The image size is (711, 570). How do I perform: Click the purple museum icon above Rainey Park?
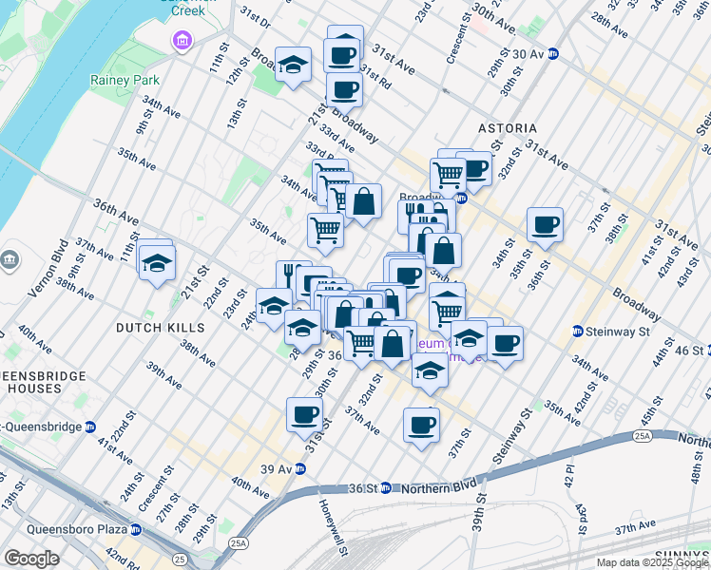(181, 41)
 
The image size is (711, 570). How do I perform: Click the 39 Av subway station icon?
(300, 468)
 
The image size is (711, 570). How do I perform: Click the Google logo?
(32, 559)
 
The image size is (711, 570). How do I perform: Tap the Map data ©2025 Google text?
(651, 562)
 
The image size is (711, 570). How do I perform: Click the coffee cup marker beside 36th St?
(546, 225)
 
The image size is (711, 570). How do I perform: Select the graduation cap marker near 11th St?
(157, 260)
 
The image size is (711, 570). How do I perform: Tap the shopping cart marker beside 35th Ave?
(325, 228)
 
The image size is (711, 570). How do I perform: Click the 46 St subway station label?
(692, 351)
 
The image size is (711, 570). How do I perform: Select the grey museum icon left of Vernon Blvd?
(10, 258)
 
